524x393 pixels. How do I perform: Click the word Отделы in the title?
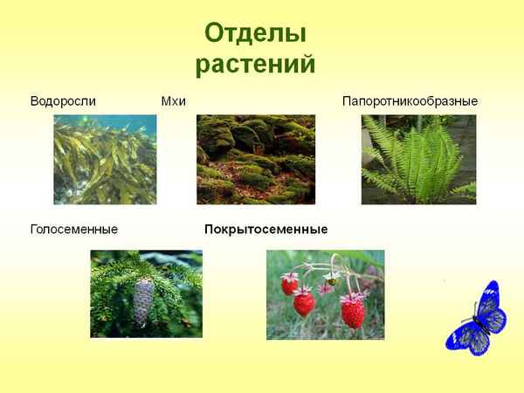click(255, 34)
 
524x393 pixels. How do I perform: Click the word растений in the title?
click(255, 65)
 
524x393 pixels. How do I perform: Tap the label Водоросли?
click(63, 101)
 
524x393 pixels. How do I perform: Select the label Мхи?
click(174, 101)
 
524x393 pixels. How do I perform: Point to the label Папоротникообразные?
click(410, 101)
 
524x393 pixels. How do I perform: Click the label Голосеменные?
click(74, 230)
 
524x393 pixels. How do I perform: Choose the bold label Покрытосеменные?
click(265, 230)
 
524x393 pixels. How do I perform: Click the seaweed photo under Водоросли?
click(105, 160)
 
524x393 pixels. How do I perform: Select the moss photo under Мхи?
click(255, 160)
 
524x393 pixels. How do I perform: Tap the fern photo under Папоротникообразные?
click(418, 160)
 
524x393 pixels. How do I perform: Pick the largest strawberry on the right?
click(352, 310)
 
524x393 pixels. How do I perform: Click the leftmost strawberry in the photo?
click(289, 285)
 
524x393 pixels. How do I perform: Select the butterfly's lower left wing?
click(459, 334)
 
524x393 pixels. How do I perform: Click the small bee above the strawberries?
click(330, 281)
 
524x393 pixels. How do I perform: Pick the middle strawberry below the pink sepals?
click(304, 302)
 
